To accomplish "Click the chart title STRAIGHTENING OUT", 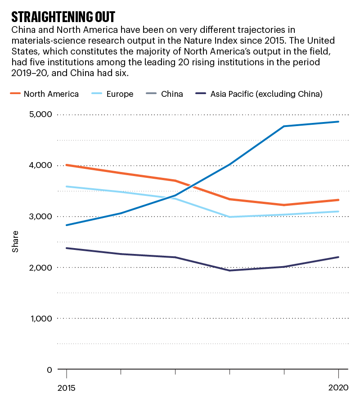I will [63, 17].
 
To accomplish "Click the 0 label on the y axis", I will [48, 370].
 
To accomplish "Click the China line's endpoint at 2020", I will [338, 122].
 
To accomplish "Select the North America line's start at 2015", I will [67, 165].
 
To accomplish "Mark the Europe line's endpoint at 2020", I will [338, 211].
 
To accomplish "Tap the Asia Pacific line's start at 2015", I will [67, 248].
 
